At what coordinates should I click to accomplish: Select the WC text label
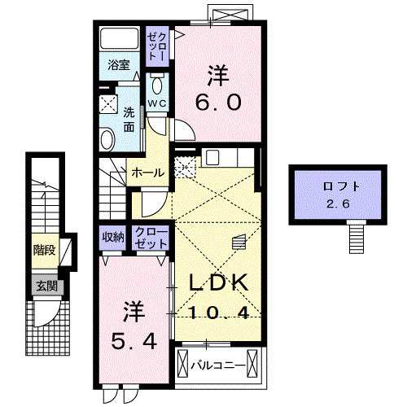click(156, 104)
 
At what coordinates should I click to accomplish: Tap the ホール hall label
click(147, 173)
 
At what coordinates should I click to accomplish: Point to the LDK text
click(218, 283)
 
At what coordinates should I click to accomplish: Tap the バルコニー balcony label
click(217, 365)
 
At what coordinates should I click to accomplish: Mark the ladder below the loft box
click(356, 238)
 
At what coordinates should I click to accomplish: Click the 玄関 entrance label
click(45, 286)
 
